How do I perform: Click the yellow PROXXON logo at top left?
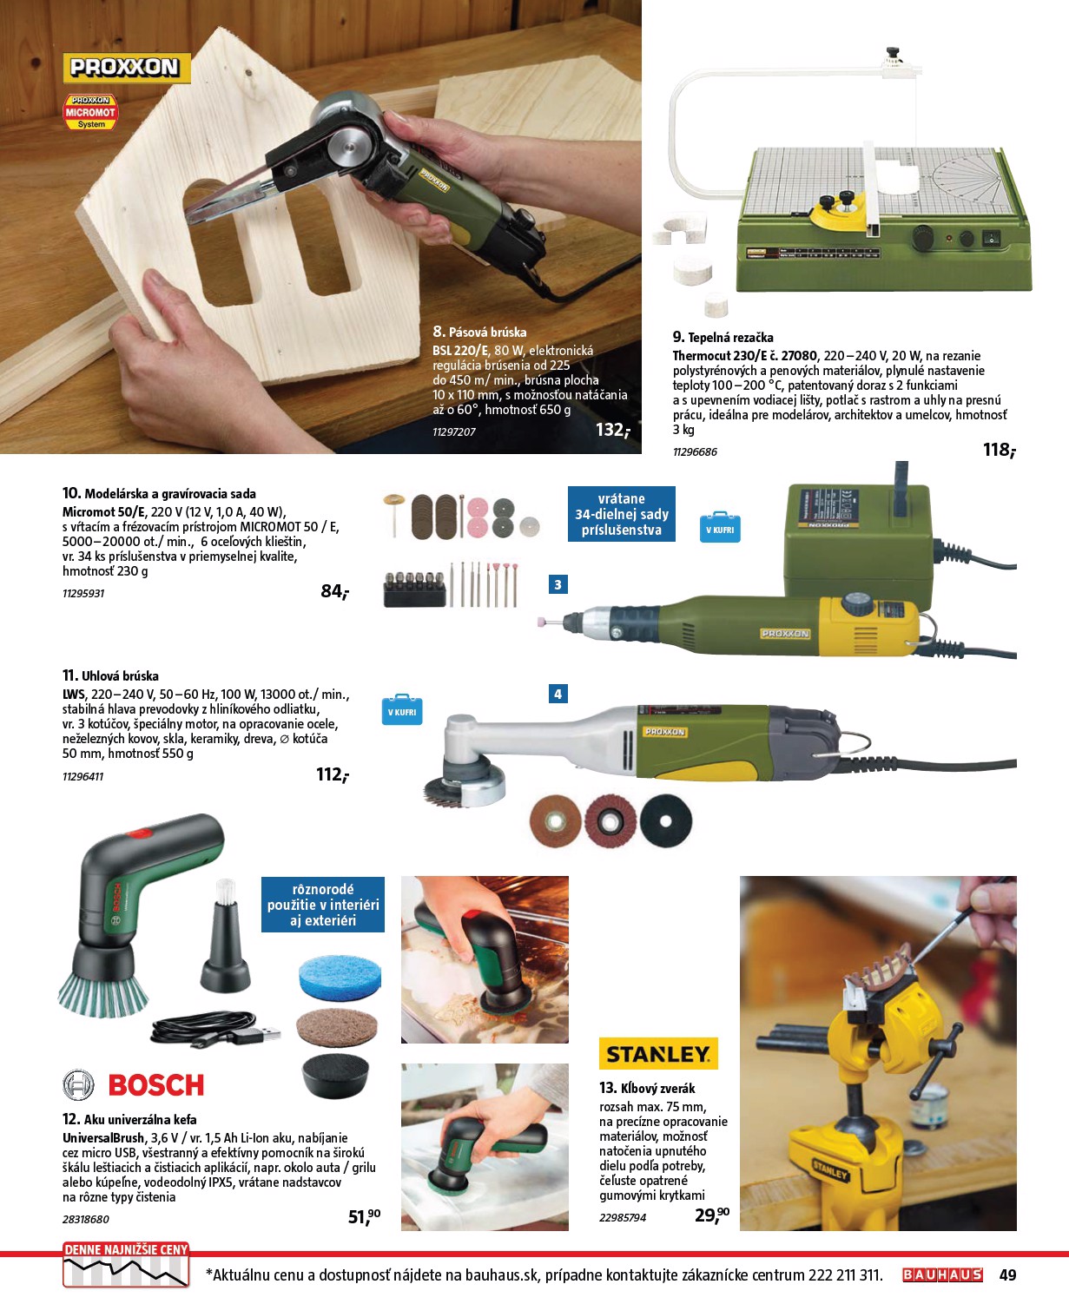click(x=127, y=68)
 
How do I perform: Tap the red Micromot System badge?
click(x=90, y=112)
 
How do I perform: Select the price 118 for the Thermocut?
click(x=1000, y=450)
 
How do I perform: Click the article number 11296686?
click(x=695, y=452)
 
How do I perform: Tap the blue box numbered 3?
click(x=558, y=584)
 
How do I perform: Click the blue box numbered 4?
click(x=558, y=694)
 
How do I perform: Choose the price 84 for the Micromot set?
click(x=334, y=592)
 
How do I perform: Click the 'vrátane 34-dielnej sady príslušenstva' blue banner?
click(x=621, y=514)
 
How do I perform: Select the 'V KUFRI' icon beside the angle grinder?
click(x=402, y=710)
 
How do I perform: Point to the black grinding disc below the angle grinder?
click(x=666, y=821)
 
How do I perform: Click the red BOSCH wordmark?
click(x=156, y=1085)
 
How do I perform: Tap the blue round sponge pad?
click(x=340, y=977)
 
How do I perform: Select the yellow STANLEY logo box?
click(x=658, y=1054)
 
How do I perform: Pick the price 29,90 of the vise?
click(x=711, y=1215)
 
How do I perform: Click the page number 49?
click(x=1007, y=1275)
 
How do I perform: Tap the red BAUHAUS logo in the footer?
click(x=942, y=1275)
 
